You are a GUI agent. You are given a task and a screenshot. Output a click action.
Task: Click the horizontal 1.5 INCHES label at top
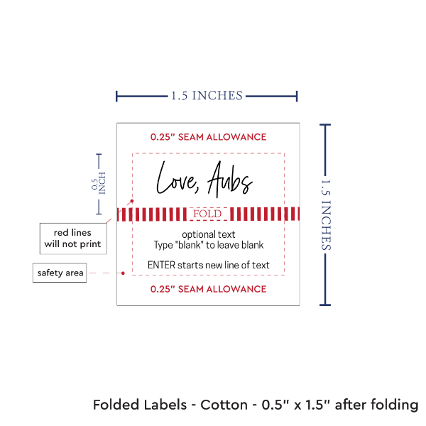[207, 95]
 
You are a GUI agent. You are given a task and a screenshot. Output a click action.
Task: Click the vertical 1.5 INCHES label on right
[327, 214]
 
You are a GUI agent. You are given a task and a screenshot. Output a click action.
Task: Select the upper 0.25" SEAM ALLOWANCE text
[208, 136]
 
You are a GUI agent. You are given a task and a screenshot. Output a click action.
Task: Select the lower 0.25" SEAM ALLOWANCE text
[208, 289]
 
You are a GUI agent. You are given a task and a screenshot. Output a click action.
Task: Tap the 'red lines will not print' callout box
[73, 239]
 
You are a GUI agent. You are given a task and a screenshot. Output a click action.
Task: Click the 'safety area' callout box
[60, 273]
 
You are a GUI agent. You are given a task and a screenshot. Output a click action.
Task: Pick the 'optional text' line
[209, 234]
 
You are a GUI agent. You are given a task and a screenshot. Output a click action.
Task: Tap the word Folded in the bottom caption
[115, 405]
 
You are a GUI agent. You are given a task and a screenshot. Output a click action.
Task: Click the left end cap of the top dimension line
[117, 95]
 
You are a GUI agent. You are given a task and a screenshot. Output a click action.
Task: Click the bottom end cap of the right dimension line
[326, 305]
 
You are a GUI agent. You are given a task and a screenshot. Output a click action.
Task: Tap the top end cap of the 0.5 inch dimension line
[99, 154]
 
